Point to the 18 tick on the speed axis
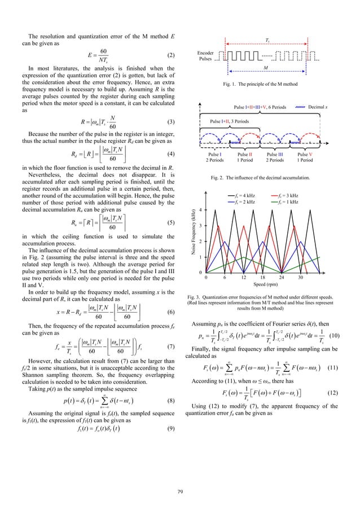point(263,278)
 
